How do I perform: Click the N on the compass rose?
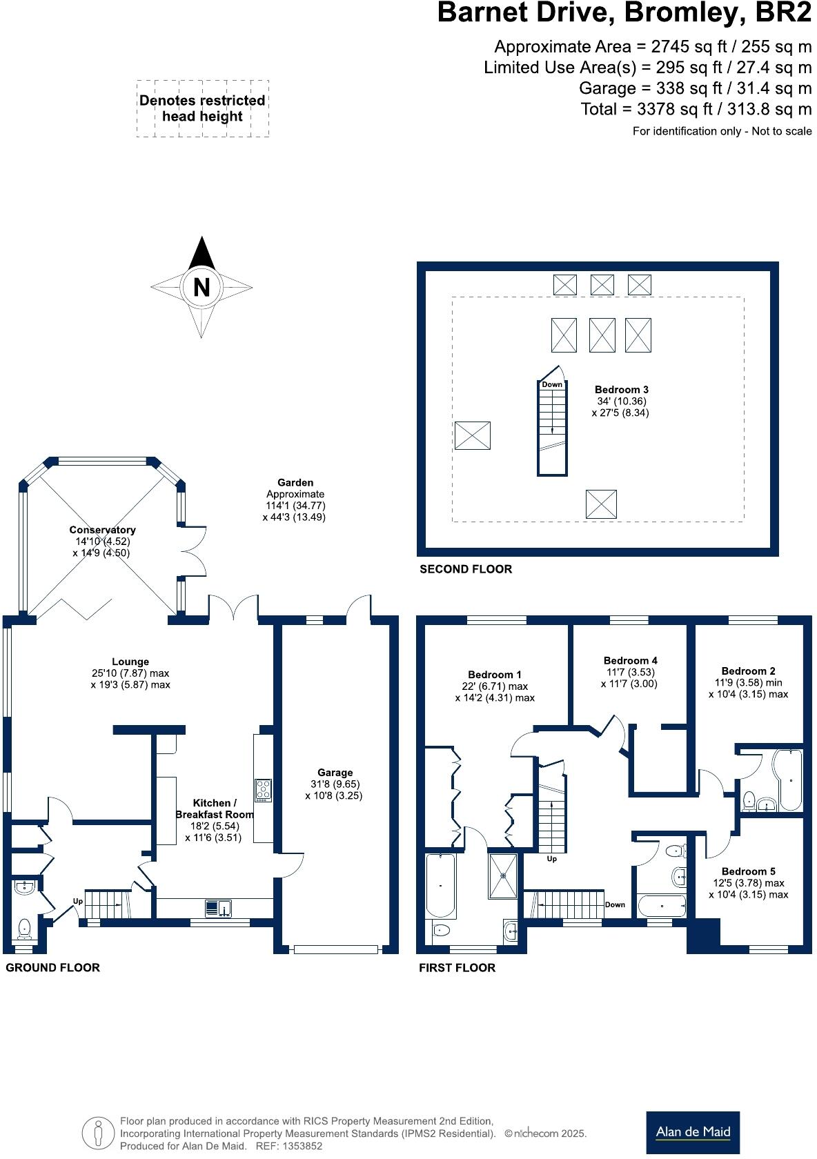[x=201, y=286]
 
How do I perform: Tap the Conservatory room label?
[x=102, y=530]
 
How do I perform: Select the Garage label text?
[x=335, y=773]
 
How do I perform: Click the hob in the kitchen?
[x=263, y=789]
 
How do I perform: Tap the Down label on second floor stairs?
[x=551, y=384]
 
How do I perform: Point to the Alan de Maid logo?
[x=692, y=1131]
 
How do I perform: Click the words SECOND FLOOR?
[x=466, y=569]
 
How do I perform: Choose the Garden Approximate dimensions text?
[x=295, y=500]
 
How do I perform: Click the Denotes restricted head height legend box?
[x=202, y=108]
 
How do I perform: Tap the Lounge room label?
[x=130, y=662]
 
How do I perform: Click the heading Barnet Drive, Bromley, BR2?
[x=624, y=14]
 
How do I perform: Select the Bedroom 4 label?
[x=630, y=660]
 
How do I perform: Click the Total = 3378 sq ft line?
[x=696, y=109]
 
